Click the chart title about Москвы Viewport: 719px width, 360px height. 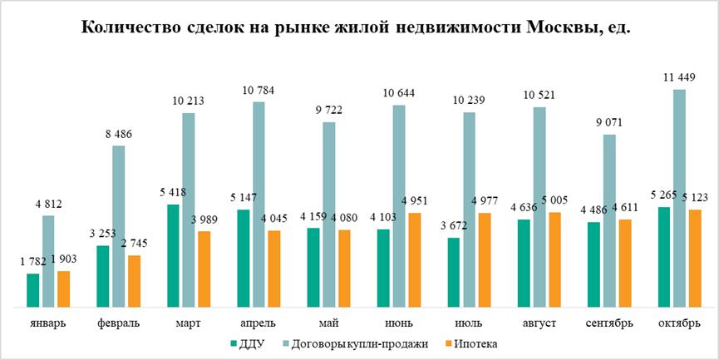pos(359,27)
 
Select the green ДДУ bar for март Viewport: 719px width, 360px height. pos(174,255)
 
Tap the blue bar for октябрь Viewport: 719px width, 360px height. pos(679,198)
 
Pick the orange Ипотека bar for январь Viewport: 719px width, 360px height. pos(63,288)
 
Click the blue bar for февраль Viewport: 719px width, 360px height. pos(118,226)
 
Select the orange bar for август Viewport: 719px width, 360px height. pos(554,259)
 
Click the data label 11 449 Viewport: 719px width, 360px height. pos(680,78)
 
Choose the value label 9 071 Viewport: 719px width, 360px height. pos(608,123)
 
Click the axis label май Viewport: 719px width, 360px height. pos(328,323)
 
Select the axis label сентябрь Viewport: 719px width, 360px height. pos(608,323)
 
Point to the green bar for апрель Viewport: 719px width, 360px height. pos(244,258)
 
